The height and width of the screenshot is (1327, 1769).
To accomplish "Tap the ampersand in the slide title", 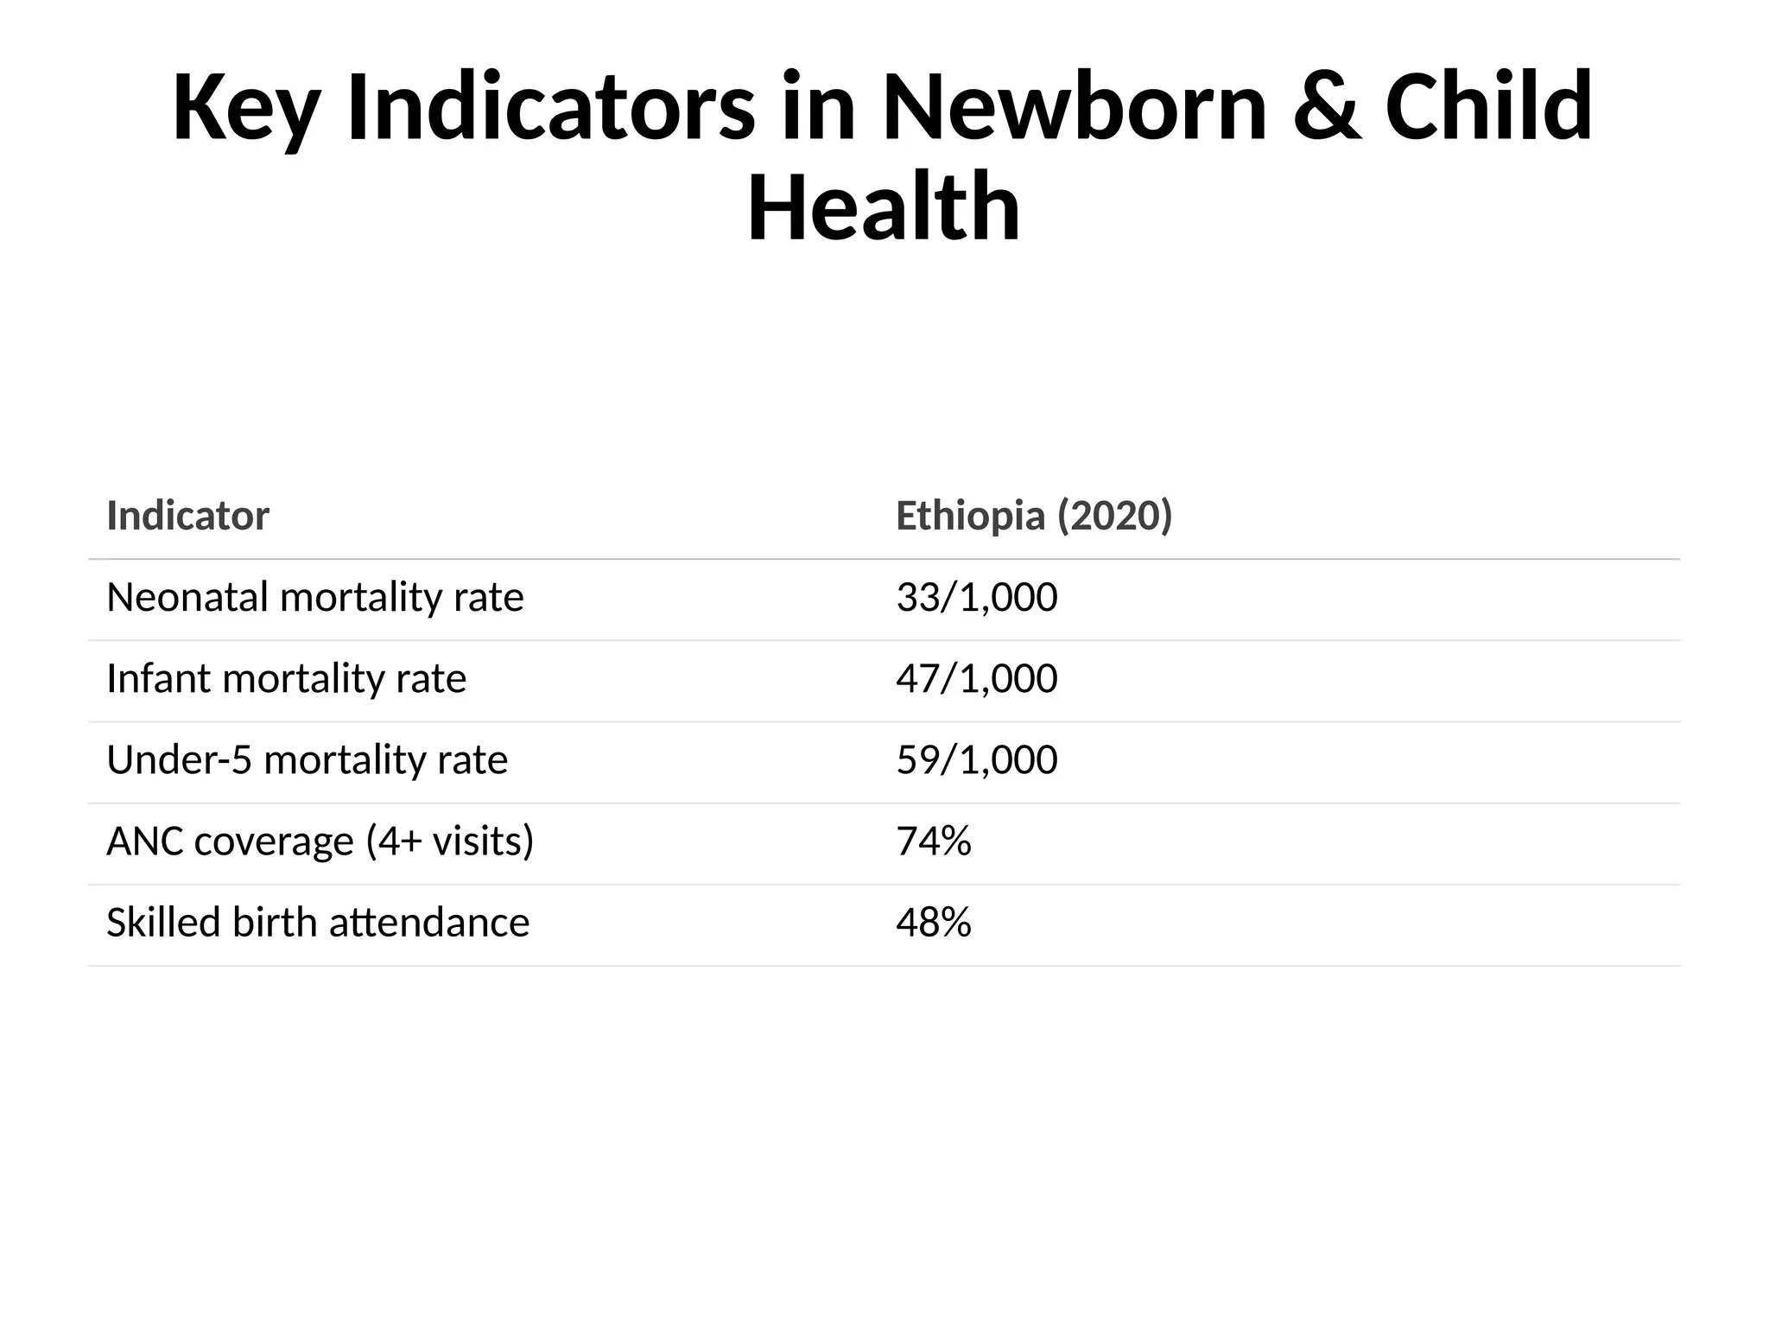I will pos(1327,107).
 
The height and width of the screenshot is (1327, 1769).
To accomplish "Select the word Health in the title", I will pos(884,208).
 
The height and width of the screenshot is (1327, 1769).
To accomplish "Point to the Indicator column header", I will pos(187,516).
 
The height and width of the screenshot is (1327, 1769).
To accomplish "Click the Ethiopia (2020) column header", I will pos(1034,516).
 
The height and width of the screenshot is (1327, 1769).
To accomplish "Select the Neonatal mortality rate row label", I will pos(314,597).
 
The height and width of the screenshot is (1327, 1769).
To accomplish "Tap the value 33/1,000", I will pos(976,597).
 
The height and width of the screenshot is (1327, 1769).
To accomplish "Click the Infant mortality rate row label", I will pos(286,678).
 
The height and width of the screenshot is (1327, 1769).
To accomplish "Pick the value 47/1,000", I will pos(976,678).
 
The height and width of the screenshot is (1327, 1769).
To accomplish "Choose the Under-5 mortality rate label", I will pos(307,760).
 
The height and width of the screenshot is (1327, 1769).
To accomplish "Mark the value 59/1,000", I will pos(976,760).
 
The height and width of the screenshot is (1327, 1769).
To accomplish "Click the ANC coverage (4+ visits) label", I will pos(320,841).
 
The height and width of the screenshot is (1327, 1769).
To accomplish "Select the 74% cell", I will pos(933,841).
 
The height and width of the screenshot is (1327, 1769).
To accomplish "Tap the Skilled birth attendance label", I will pos(317,923).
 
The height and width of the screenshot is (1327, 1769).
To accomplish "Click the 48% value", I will pos(933,923).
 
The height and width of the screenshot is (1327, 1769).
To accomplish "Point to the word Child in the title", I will pos(1488,107).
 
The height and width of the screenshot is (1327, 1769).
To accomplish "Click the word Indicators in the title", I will pos(550,107).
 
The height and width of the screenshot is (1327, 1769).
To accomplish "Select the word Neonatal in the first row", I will pos(187,597).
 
